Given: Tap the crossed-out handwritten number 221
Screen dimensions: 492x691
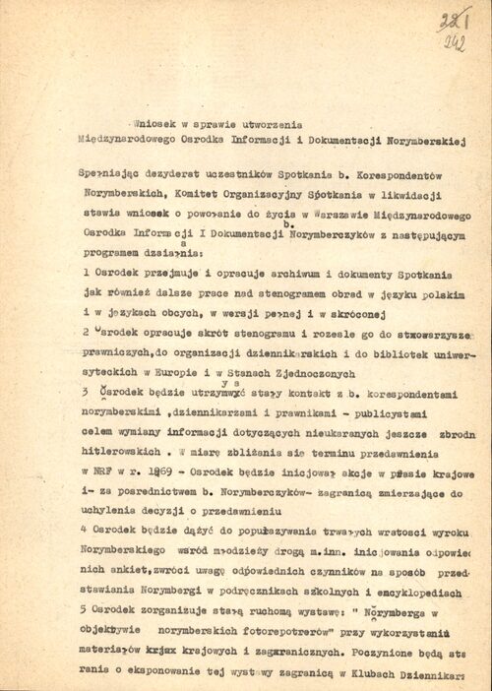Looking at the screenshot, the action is [x=454, y=20].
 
